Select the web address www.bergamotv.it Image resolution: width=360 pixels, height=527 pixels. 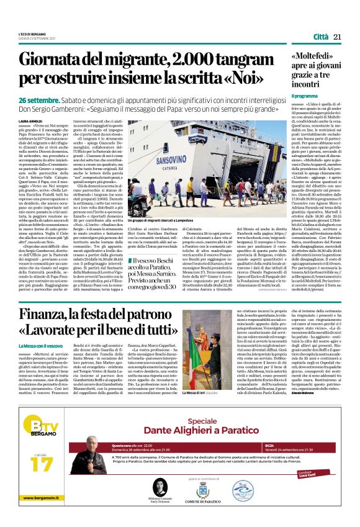[43, 515]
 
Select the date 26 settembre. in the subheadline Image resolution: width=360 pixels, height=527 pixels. [39, 100]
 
